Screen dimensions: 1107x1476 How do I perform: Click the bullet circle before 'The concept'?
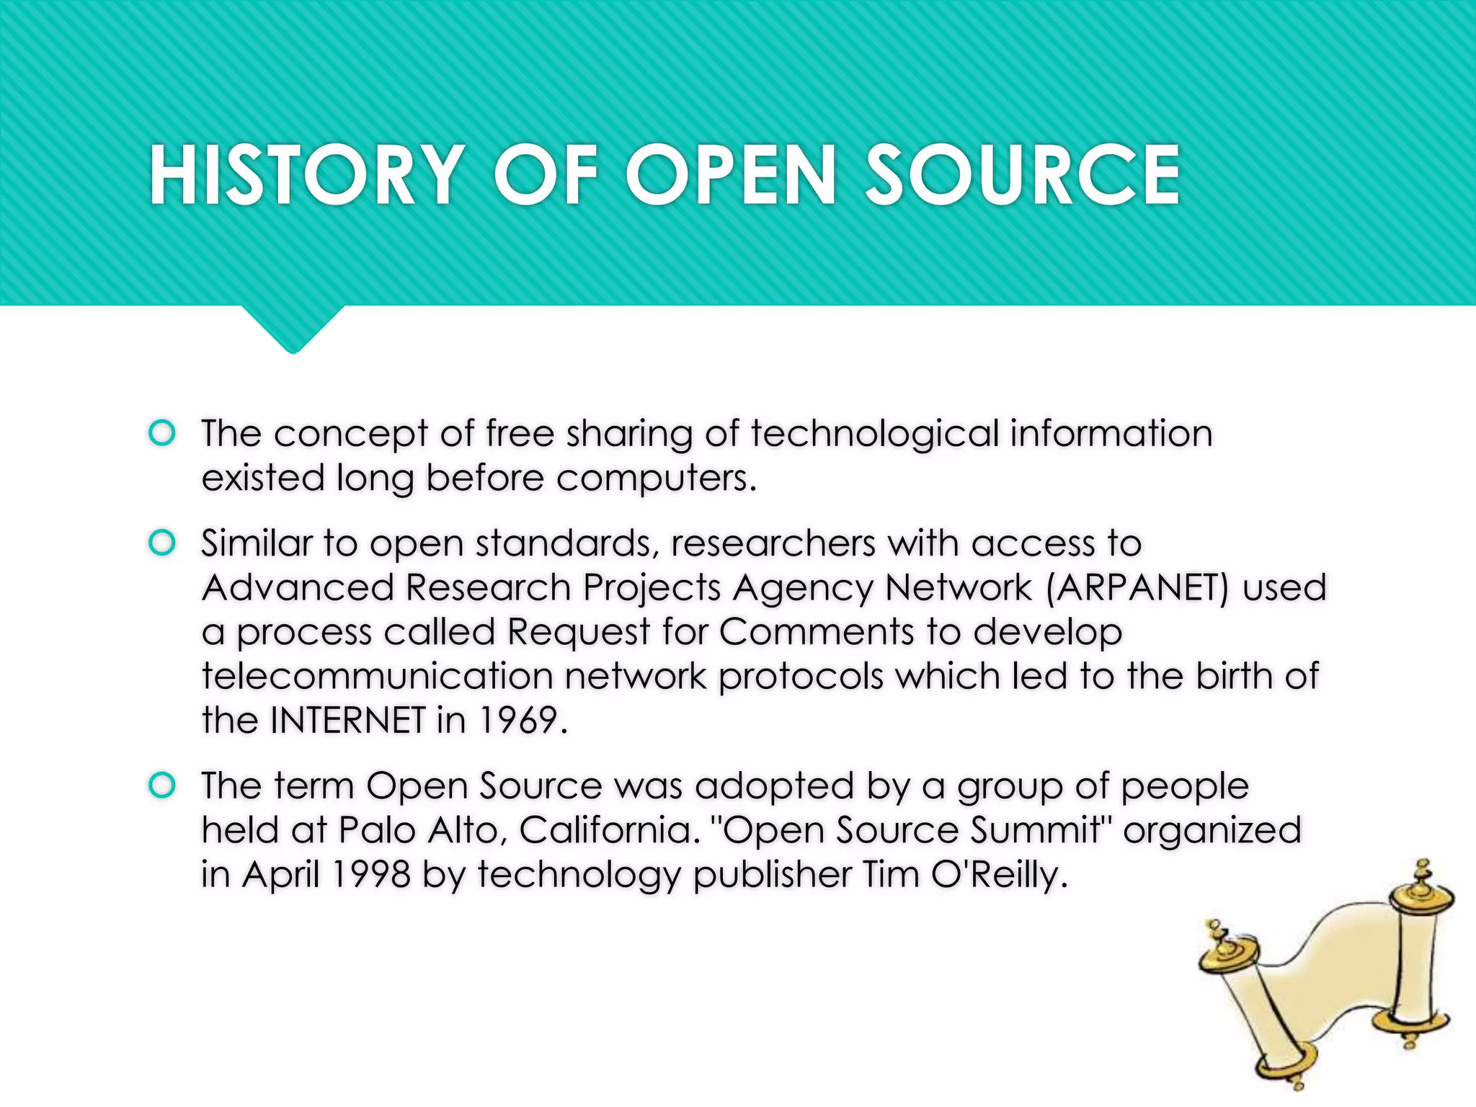(x=162, y=433)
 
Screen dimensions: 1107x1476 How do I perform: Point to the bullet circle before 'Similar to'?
(x=162, y=543)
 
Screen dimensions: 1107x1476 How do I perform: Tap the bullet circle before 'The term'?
(x=162, y=785)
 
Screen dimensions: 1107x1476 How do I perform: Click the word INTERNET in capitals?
(x=348, y=720)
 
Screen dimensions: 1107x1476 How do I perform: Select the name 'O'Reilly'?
(x=999, y=874)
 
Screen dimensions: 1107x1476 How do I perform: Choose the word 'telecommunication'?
(x=377, y=676)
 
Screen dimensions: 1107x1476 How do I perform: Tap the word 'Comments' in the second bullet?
(x=817, y=632)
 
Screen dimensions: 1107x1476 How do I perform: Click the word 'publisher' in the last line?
(x=771, y=874)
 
